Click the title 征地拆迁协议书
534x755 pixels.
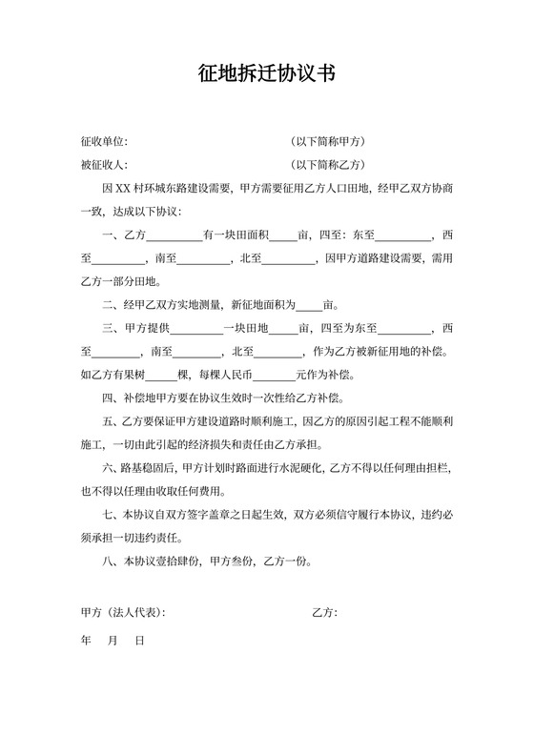[267, 74]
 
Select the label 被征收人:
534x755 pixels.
[105, 165]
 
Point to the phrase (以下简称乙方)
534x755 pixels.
[330, 165]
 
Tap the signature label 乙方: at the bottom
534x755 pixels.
[324, 611]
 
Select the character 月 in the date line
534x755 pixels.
[113, 642]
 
